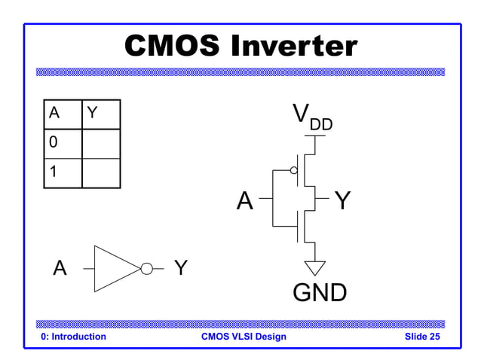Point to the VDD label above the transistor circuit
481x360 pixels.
311,117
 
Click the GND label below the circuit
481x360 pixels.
320,292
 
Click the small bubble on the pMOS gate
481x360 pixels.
294,170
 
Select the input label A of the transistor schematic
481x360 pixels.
244,201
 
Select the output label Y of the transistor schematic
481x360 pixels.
342,201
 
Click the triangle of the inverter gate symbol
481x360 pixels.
113,268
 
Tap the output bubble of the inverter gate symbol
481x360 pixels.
146,268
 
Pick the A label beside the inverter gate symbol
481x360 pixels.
60,268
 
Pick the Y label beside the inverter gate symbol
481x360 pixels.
181,267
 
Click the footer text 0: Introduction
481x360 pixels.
74,337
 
